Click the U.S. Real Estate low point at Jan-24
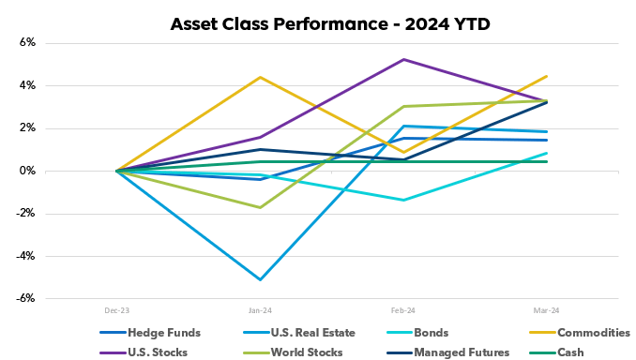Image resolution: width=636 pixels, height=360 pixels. point(260,279)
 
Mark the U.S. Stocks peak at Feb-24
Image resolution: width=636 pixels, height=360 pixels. point(403,59)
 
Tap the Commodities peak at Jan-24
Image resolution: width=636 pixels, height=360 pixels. point(260,77)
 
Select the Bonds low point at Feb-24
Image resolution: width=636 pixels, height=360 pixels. point(403,200)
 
